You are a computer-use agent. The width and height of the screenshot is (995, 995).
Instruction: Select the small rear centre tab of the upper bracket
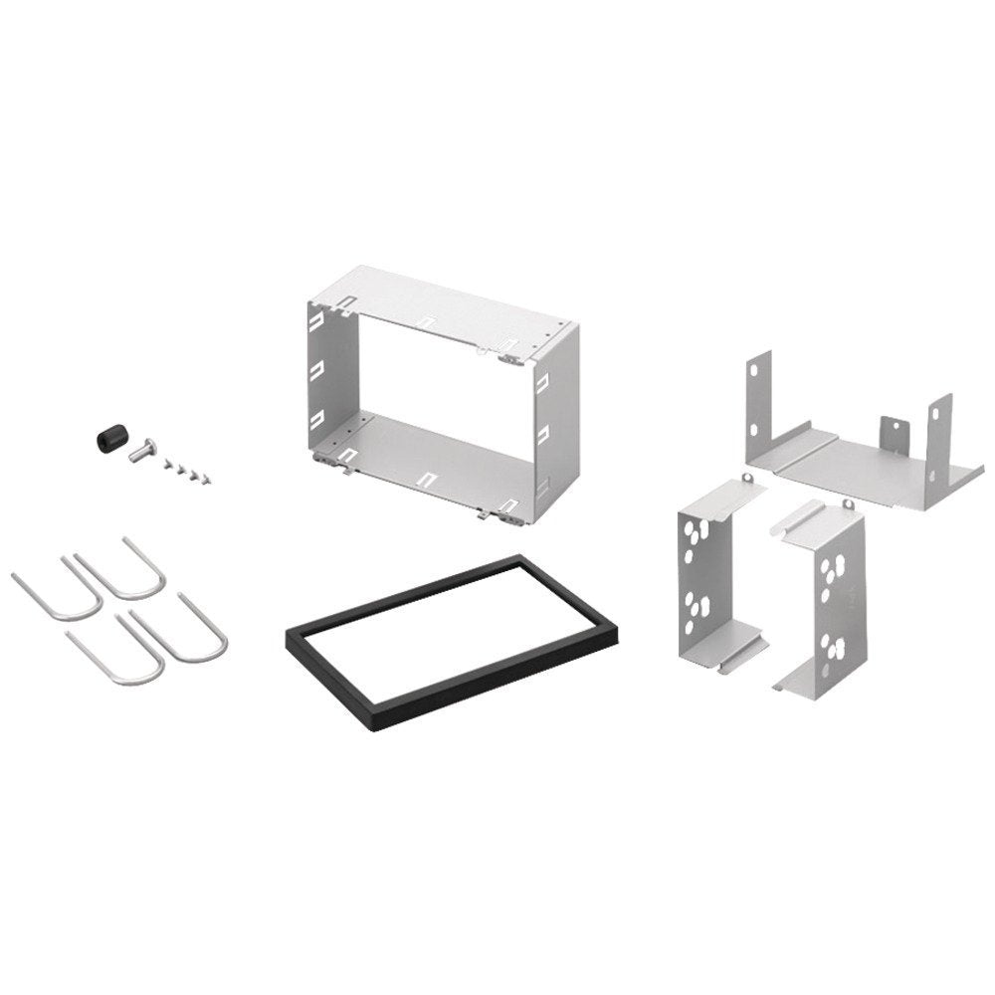(x=892, y=431)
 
